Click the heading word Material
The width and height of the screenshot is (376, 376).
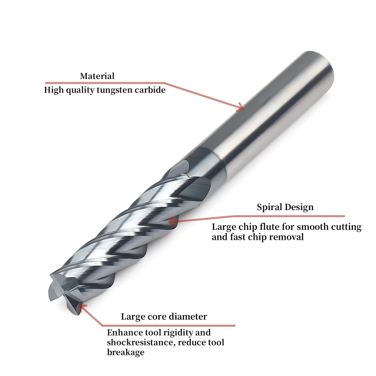tap(97, 76)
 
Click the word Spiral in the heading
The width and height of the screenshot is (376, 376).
tap(269, 207)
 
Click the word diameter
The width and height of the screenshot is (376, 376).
tap(188, 317)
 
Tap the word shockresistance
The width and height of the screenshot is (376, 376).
tap(136, 343)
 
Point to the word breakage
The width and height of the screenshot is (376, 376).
tap(125, 352)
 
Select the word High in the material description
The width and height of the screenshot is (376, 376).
tap(53, 90)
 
